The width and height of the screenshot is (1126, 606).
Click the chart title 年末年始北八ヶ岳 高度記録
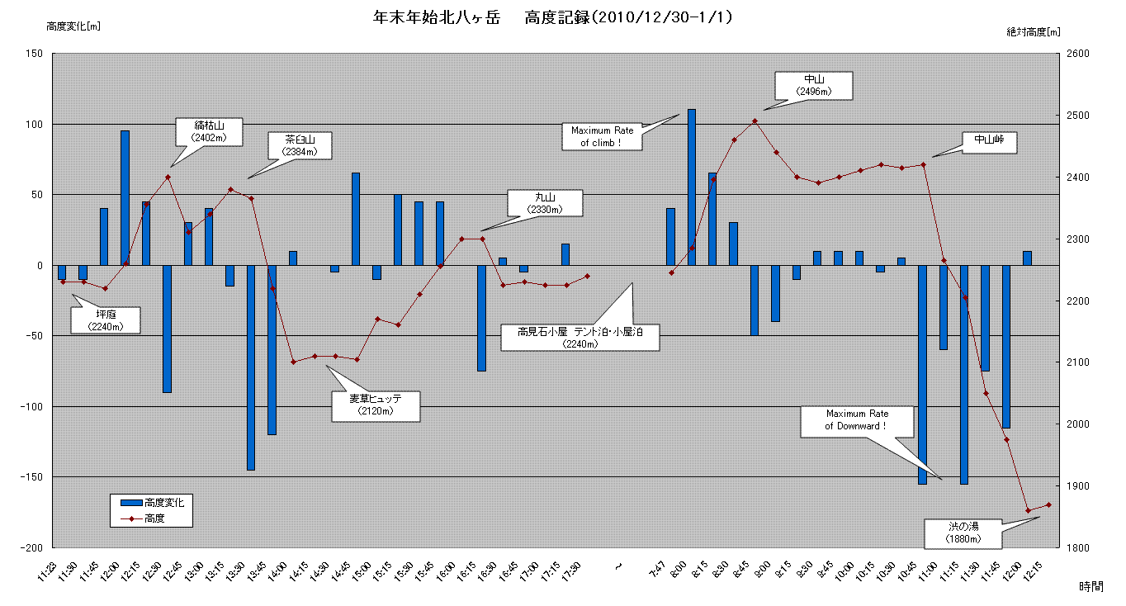click(x=553, y=17)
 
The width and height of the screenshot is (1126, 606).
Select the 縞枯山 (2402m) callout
click(x=209, y=132)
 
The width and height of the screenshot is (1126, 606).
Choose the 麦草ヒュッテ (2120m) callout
click(x=376, y=405)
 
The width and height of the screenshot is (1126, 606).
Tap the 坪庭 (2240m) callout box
click(x=105, y=320)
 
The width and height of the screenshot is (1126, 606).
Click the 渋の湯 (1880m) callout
click(x=963, y=533)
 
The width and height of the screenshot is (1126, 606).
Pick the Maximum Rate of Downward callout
click(x=856, y=421)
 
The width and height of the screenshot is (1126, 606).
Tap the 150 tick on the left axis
click(x=34, y=54)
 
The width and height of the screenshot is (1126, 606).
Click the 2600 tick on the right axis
click(x=1079, y=54)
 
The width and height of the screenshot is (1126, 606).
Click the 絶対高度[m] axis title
click(x=1033, y=31)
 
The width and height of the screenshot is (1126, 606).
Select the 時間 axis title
click(x=1090, y=586)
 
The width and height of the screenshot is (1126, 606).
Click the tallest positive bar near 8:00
click(x=692, y=187)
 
